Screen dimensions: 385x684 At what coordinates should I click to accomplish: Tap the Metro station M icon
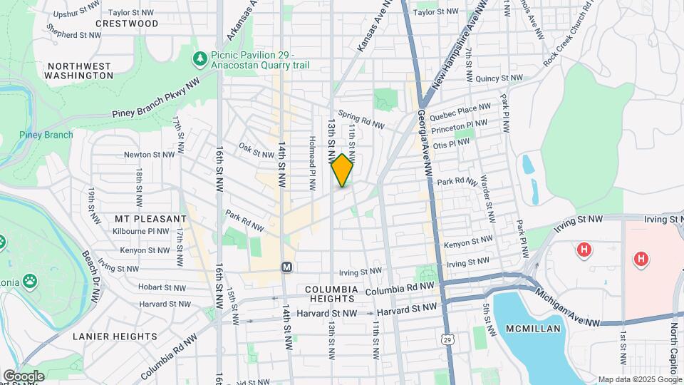click(x=287, y=267)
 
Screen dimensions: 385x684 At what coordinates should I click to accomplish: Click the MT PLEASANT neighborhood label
click(x=150, y=218)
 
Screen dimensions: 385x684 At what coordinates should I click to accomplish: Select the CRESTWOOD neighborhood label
click(x=127, y=24)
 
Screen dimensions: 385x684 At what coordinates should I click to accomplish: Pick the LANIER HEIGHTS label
click(x=115, y=336)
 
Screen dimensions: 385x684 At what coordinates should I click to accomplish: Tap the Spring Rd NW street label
click(x=361, y=119)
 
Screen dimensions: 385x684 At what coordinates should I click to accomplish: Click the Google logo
click(x=24, y=376)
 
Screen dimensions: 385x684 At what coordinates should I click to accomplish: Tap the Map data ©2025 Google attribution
click(x=639, y=379)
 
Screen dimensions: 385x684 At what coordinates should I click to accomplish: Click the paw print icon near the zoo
click(x=30, y=281)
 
